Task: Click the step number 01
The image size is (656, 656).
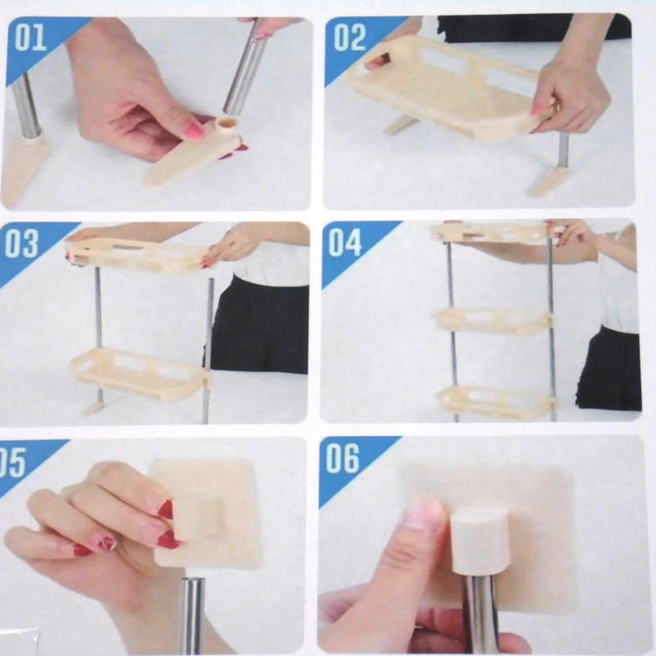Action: click(30, 39)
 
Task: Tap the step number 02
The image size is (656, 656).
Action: click(350, 38)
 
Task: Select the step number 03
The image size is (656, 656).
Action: click(21, 243)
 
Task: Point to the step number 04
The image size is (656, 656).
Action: click(344, 242)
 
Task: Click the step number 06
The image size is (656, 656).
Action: click(343, 458)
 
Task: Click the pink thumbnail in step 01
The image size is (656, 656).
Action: click(194, 130)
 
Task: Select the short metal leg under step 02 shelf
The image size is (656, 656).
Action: click(563, 149)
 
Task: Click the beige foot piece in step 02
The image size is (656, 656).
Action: click(546, 181)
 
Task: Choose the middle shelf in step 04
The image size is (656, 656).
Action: click(494, 321)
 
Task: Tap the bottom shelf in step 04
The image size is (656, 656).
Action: click(496, 402)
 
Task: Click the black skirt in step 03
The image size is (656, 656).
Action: click(259, 324)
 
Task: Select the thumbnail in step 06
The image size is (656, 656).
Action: click(422, 513)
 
